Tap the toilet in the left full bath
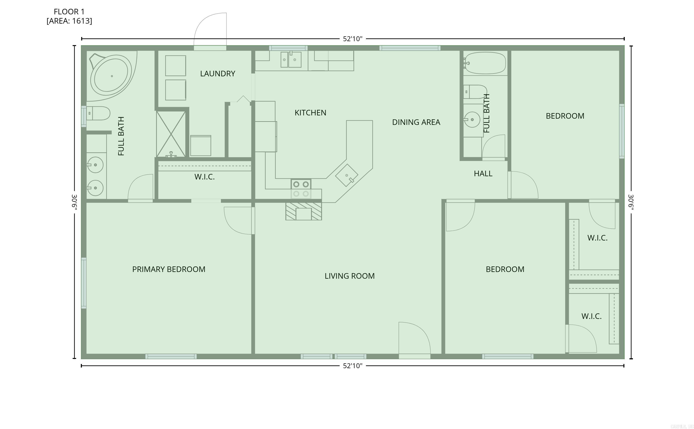tap(98, 113)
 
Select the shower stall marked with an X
tap(171, 134)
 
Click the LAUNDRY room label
tap(218, 74)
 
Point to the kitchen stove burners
tap(301, 189)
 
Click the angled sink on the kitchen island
tap(347, 175)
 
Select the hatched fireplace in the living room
tap(304, 211)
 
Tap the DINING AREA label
tap(416, 122)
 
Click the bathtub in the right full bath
tap(485, 63)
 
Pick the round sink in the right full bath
tap(472, 120)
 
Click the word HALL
tap(483, 174)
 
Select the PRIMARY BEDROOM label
tap(169, 269)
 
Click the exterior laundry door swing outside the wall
tap(211, 30)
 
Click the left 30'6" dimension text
tap(74, 202)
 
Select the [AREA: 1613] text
tap(69, 21)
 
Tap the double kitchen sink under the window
tap(291, 60)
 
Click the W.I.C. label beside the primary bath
tap(204, 177)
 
